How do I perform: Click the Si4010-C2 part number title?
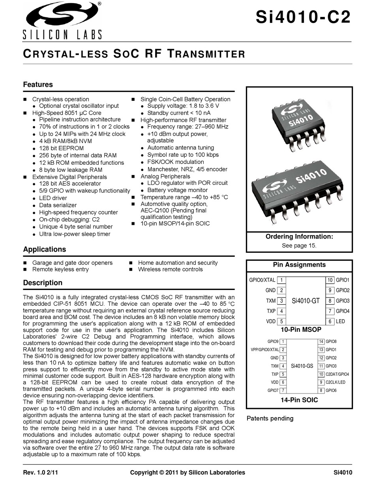coord(303,17)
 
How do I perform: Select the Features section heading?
coord(38,85)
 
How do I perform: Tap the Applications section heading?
coord(45,249)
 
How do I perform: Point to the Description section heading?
coord(43,283)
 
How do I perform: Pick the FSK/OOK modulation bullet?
coord(175,162)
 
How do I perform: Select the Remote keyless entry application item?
coord(60,269)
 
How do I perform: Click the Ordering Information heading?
coord(299,237)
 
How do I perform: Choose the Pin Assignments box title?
coord(299,265)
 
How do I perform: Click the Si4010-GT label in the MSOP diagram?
coord(306,301)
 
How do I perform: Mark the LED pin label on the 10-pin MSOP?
coord(340,322)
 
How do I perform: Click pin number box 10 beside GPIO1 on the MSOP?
coord(330,280)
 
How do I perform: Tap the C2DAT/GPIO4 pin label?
coord(337,374)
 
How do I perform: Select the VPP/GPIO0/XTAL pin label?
coord(264,350)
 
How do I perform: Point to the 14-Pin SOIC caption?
coord(299,400)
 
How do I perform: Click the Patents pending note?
coord(270,418)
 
